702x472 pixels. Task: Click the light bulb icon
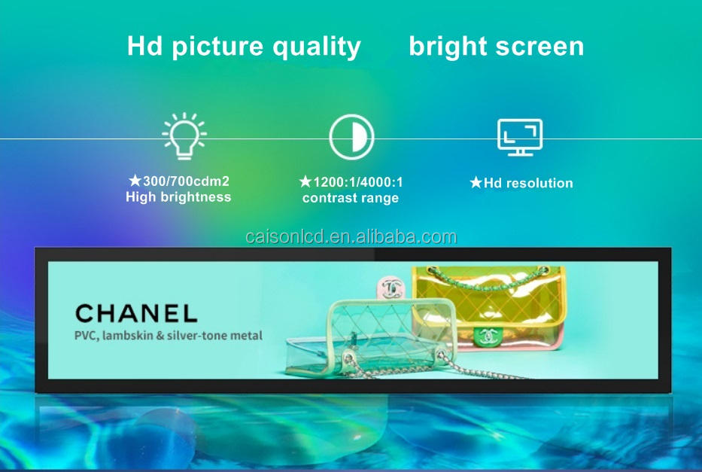[x=184, y=136]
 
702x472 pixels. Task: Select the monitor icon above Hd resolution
[x=520, y=137]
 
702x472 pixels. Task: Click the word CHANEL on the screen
[x=136, y=313]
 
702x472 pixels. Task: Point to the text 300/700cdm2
[x=186, y=181]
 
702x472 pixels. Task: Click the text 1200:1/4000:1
[x=357, y=182]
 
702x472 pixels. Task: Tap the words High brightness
[x=178, y=197]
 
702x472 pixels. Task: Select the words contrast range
[x=350, y=198]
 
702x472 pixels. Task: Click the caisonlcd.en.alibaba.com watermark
[x=351, y=236]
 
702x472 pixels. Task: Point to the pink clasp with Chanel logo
[x=391, y=288]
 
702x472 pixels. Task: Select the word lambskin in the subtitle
[x=128, y=336]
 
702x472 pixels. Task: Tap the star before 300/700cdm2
[x=135, y=181]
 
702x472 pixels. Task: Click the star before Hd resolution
[x=476, y=182]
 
